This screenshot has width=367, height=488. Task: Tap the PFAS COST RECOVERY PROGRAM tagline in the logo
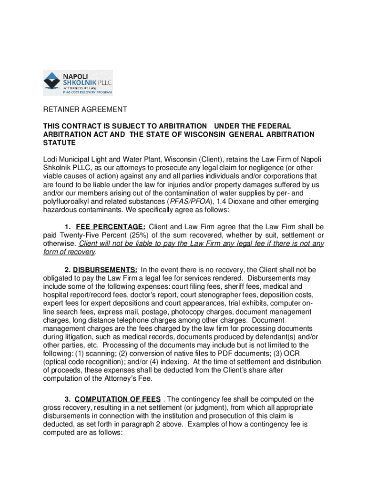coord(88,92)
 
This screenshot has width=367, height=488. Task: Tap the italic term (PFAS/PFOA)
coord(188,202)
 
